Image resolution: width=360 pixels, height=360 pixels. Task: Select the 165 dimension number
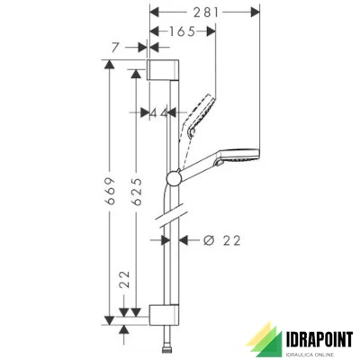coord(182,31)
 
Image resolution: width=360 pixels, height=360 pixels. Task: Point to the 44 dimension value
coord(159,112)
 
